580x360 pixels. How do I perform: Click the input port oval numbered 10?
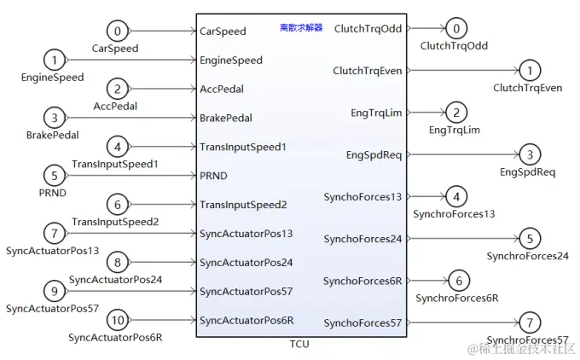119,321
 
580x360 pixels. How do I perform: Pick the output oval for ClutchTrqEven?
530,71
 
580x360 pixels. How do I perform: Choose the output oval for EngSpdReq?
530,154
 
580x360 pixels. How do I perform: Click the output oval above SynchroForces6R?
458,281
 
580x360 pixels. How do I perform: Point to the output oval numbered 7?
530,322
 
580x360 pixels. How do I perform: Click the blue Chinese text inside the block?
301,27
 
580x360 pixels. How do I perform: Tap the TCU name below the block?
299,344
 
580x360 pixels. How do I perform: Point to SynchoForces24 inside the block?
362,239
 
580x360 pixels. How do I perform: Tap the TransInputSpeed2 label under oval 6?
115,222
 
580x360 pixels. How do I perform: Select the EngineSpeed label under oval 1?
52,78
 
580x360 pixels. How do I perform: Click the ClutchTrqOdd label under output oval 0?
454,46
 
